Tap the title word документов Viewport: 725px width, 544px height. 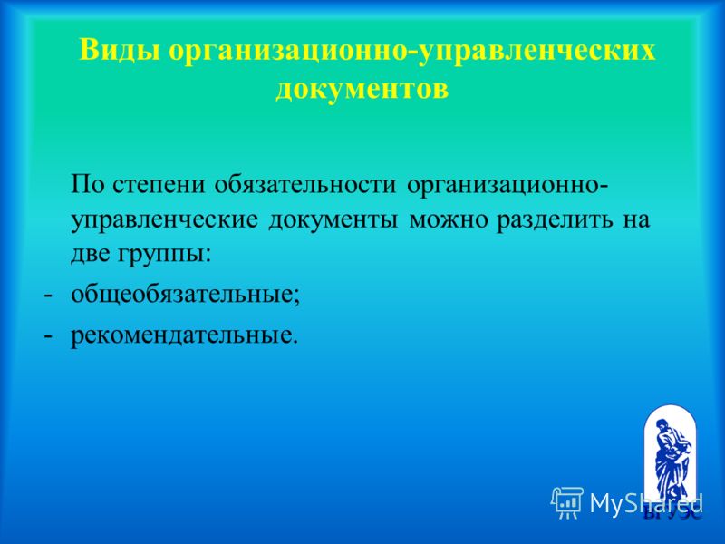(x=362, y=88)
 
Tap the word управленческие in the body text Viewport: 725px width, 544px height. (x=165, y=220)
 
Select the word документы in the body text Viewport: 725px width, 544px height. (x=333, y=221)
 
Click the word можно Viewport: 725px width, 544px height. (x=449, y=220)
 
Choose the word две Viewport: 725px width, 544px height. (x=92, y=255)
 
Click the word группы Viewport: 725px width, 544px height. (x=166, y=257)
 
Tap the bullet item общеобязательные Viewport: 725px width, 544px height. (x=186, y=295)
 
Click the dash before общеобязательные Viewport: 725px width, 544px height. (x=48, y=296)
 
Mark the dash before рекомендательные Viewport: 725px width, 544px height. (x=48, y=336)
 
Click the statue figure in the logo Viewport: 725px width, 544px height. (x=671, y=458)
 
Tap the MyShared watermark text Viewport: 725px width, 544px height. (x=646, y=503)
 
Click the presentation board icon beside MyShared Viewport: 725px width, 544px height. (x=567, y=502)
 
